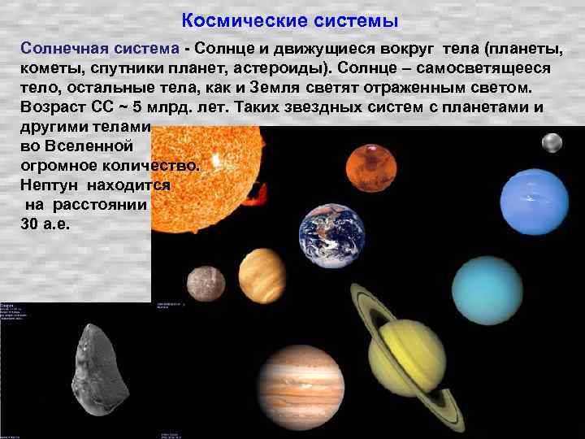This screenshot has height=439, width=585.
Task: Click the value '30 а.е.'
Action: pyautogui.click(x=45, y=224)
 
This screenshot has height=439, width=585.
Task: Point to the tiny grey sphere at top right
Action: pyautogui.click(x=552, y=143)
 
